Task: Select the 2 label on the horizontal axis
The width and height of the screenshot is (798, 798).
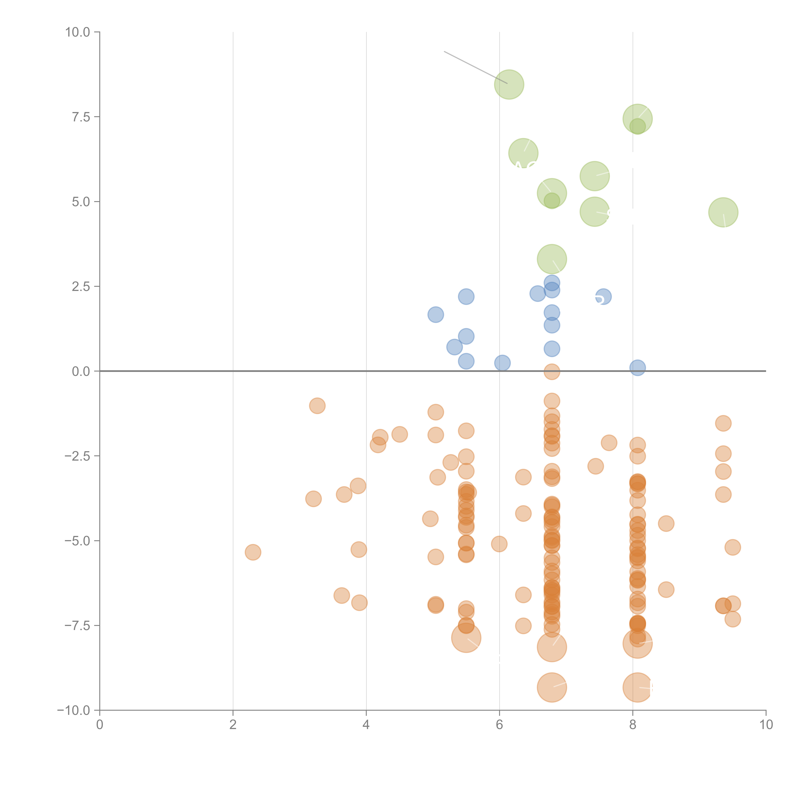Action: click(x=233, y=725)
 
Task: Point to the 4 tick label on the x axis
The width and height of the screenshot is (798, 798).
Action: click(x=366, y=725)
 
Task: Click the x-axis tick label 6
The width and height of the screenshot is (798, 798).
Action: click(x=499, y=725)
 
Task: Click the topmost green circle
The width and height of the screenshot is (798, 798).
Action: click(x=509, y=85)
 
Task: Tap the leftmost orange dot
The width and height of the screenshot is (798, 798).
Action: click(x=253, y=552)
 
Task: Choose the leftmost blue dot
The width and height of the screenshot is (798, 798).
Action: click(x=435, y=315)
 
